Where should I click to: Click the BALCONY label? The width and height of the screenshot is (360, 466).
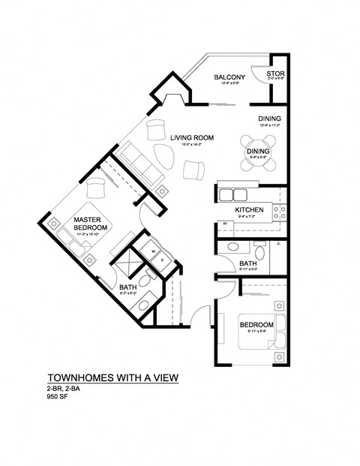[x=226, y=77]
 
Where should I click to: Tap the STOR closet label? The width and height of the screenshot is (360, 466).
[x=277, y=74]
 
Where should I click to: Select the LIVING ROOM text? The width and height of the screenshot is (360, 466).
[x=192, y=137]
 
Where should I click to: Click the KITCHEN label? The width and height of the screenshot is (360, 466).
[x=247, y=209]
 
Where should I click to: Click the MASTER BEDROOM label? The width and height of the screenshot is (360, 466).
[x=91, y=223]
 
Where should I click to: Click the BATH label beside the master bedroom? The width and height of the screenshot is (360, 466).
[x=127, y=287]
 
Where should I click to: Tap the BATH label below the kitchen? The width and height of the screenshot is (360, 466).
[x=249, y=263]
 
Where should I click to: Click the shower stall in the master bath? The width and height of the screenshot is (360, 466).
[x=125, y=266]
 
